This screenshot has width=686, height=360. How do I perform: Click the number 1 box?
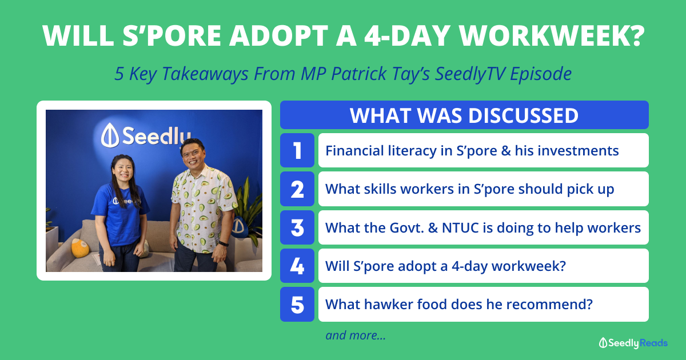tap(297, 150)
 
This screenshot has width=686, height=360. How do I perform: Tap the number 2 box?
tap(297, 189)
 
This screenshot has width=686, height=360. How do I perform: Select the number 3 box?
tap(297, 227)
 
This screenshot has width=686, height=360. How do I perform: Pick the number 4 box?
tap(297, 266)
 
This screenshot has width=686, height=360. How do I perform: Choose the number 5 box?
tap(297, 304)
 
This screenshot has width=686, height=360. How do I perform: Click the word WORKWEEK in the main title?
tap(552, 36)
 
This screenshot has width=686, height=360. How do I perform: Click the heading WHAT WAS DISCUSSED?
tap(464, 115)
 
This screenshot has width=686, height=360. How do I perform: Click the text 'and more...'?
tap(355, 335)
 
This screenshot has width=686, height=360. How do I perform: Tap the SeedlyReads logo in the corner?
tap(633, 343)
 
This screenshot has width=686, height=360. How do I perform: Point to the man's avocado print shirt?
tap(203, 208)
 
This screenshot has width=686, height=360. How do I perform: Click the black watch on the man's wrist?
tap(224, 243)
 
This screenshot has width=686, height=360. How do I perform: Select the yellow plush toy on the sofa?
tap(80, 247)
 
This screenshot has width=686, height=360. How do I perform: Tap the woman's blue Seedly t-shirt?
tap(121, 214)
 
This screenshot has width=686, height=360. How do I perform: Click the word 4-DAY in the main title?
tap(408, 36)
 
